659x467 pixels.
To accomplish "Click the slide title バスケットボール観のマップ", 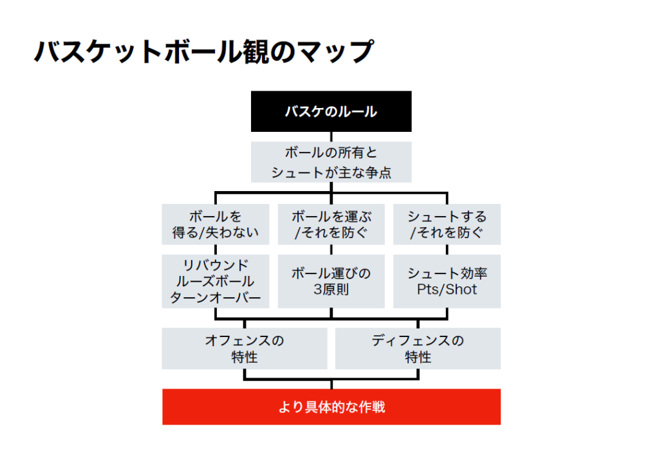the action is (x=203, y=51).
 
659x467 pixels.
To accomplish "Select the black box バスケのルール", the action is (x=331, y=111).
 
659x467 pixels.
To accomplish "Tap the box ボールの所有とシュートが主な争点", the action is (x=331, y=162).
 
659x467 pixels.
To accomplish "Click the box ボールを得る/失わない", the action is (x=216, y=224).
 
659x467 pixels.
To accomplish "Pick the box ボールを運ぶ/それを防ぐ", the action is (x=331, y=224).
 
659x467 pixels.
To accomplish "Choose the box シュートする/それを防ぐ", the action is (x=447, y=224).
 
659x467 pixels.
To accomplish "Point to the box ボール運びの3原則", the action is (x=331, y=281).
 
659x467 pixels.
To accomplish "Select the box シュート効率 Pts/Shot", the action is (x=447, y=281).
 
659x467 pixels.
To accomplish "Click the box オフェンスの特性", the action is (x=245, y=349).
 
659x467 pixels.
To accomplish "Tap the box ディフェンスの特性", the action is (x=418, y=349).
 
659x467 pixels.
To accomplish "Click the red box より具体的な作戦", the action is (x=331, y=407).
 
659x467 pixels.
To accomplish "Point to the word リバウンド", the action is (x=216, y=265).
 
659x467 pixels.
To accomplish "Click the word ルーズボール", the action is (x=216, y=281).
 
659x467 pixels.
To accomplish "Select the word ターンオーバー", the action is (x=216, y=297).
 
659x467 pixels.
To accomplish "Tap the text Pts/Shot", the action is (x=447, y=289).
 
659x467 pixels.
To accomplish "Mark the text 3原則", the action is (x=331, y=289).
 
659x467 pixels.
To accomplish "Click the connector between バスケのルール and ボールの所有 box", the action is (x=331, y=136).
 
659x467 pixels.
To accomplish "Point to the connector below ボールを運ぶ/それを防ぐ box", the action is (x=331, y=250).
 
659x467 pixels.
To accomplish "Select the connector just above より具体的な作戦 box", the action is (x=331, y=384).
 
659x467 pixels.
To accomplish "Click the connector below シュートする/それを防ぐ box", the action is (x=447, y=250).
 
